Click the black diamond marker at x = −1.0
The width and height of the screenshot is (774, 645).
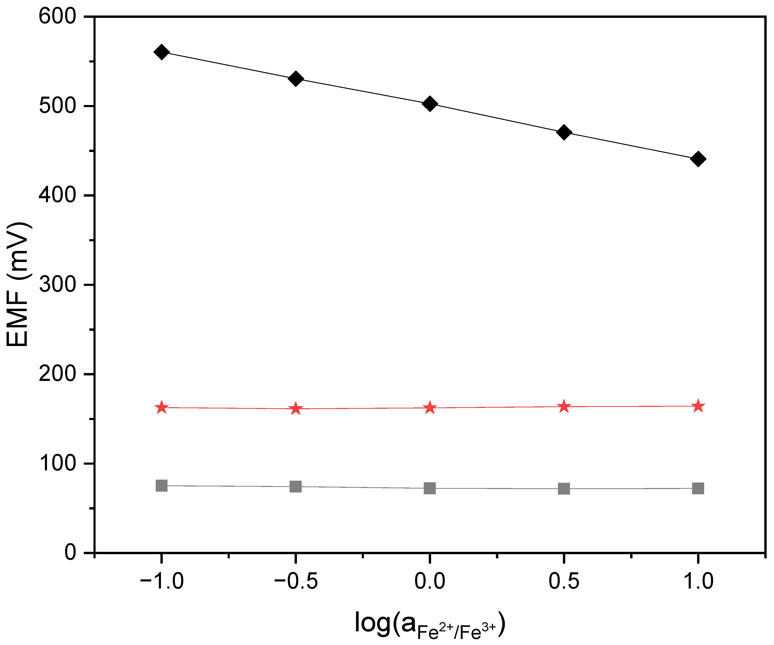[x=161, y=52]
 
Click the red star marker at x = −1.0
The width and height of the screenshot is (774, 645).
[x=161, y=408]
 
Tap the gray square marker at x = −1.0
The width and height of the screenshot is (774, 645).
[x=161, y=485]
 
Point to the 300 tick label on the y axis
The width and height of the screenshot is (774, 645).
[x=57, y=285]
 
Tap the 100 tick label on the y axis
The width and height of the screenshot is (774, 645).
[x=57, y=463]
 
